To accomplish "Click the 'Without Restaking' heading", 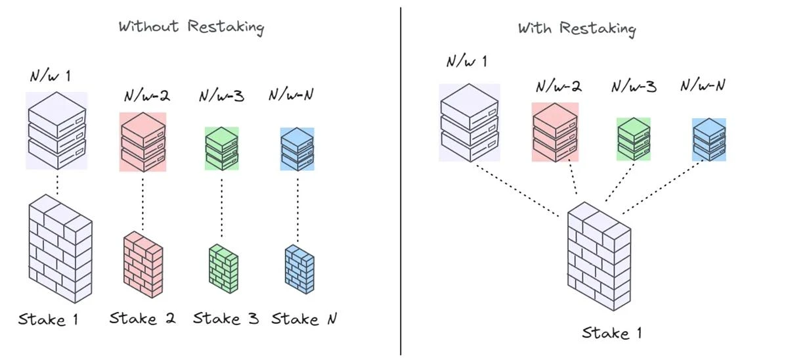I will tap(191, 27).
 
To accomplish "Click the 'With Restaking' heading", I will tap(577, 28).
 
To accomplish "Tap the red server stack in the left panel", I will tap(142, 142).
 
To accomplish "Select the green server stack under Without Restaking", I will tap(221, 149).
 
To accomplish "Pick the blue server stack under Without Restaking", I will tap(297, 149).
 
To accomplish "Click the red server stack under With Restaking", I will tap(555, 132).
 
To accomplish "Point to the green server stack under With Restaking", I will tap(634, 139).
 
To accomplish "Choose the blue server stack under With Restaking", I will tap(709, 139).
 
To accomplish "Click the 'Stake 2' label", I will tap(142, 319).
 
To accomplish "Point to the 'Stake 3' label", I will tap(226, 319).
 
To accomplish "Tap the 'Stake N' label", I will tap(304, 319).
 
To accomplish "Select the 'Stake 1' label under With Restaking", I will tap(611, 333).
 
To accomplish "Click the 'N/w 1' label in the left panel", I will tap(50, 76).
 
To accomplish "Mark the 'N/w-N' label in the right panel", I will tap(703, 85).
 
